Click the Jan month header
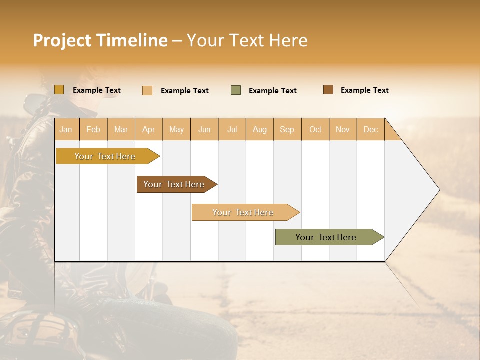tap(66, 129)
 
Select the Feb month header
tap(93, 129)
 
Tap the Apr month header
tap(148, 129)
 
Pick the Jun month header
tap(204, 129)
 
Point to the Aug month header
tap(259, 129)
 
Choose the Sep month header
tap(287, 129)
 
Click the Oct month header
tap(315, 129)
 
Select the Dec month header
tap(370, 129)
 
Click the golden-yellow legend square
tap(59, 90)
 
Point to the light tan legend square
tap(147, 90)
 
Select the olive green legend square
tap(236, 90)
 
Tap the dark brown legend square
tap(328, 90)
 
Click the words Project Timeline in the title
tap(100, 40)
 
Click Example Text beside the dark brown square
tap(364, 90)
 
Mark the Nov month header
tap(342, 129)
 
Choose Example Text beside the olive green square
tap(272, 91)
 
